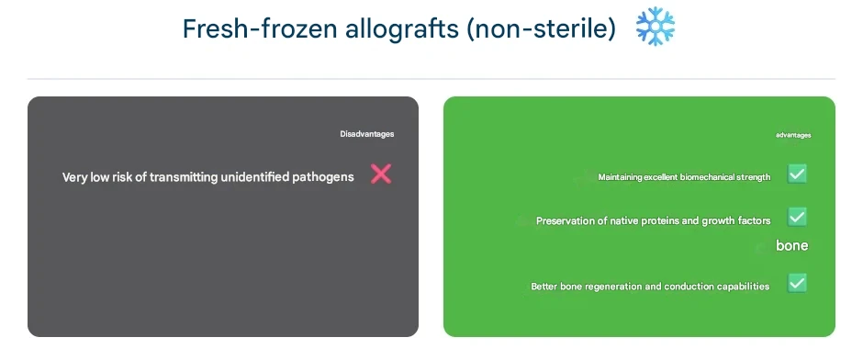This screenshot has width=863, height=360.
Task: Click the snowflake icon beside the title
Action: click(655, 27)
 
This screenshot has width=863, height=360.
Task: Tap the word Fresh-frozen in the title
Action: click(260, 28)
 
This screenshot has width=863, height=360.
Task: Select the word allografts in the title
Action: click(402, 29)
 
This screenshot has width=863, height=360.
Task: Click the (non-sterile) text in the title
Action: click(541, 29)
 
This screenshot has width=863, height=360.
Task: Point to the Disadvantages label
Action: click(366, 134)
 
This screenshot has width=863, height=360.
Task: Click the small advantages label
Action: click(793, 135)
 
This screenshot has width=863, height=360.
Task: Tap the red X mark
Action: click(381, 174)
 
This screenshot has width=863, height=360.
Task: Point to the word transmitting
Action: click(184, 176)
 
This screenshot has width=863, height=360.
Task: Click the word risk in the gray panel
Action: click(123, 176)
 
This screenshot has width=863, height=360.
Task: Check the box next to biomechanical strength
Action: click(797, 174)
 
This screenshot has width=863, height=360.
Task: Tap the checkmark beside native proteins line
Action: click(797, 217)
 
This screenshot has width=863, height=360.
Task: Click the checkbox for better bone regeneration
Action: click(797, 283)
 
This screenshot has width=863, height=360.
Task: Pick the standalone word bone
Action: click(792, 245)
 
